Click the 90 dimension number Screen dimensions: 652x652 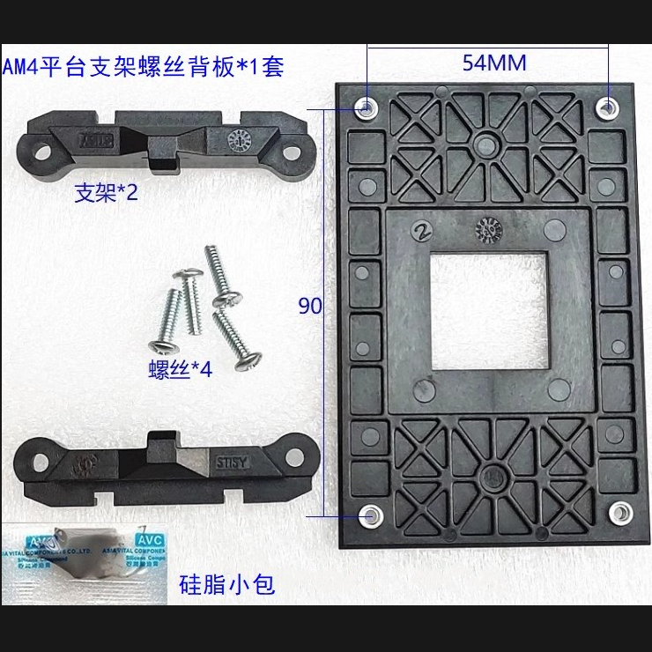pos(309,306)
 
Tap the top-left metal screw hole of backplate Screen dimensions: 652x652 pos(366,107)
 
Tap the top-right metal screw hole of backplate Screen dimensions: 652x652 pos(607,107)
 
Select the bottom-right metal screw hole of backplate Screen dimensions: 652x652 pos(620,512)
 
